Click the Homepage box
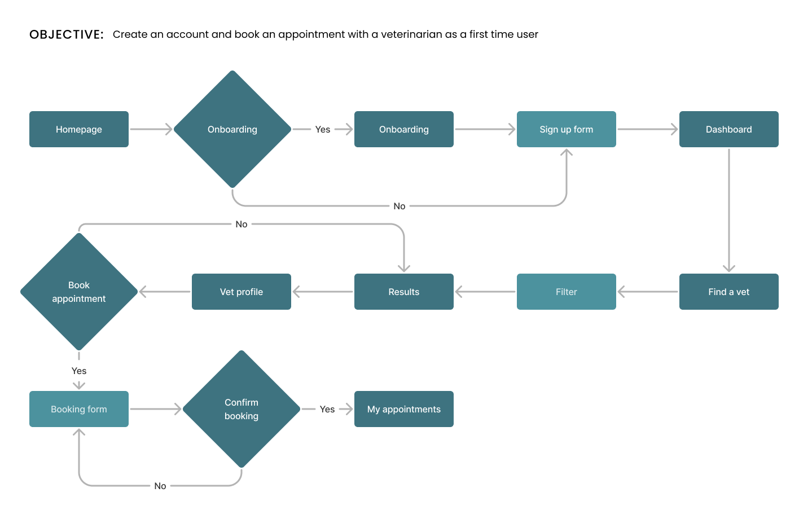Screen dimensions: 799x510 click(79, 129)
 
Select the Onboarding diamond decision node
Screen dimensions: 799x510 click(232, 129)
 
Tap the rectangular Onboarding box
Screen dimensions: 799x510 click(404, 129)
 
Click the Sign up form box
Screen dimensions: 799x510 click(567, 129)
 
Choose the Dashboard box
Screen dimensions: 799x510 click(728, 129)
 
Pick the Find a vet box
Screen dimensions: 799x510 click(728, 292)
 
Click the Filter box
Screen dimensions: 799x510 click(567, 292)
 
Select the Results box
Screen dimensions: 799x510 click(404, 292)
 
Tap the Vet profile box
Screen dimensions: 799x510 click(242, 292)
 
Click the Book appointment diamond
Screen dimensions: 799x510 click(79, 292)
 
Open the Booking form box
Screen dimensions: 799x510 click(79, 409)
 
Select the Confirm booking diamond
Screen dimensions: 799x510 click(242, 409)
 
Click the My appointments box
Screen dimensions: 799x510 click(404, 409)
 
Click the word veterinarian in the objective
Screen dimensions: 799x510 click(411, 34)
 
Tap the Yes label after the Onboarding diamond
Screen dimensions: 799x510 click(323, 129)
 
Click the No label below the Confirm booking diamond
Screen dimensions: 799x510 click(160, 486)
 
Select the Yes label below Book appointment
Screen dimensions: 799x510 click(79, 371)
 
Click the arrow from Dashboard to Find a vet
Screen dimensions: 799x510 click(728, 210)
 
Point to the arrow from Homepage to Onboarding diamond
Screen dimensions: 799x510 click(151, 129)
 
